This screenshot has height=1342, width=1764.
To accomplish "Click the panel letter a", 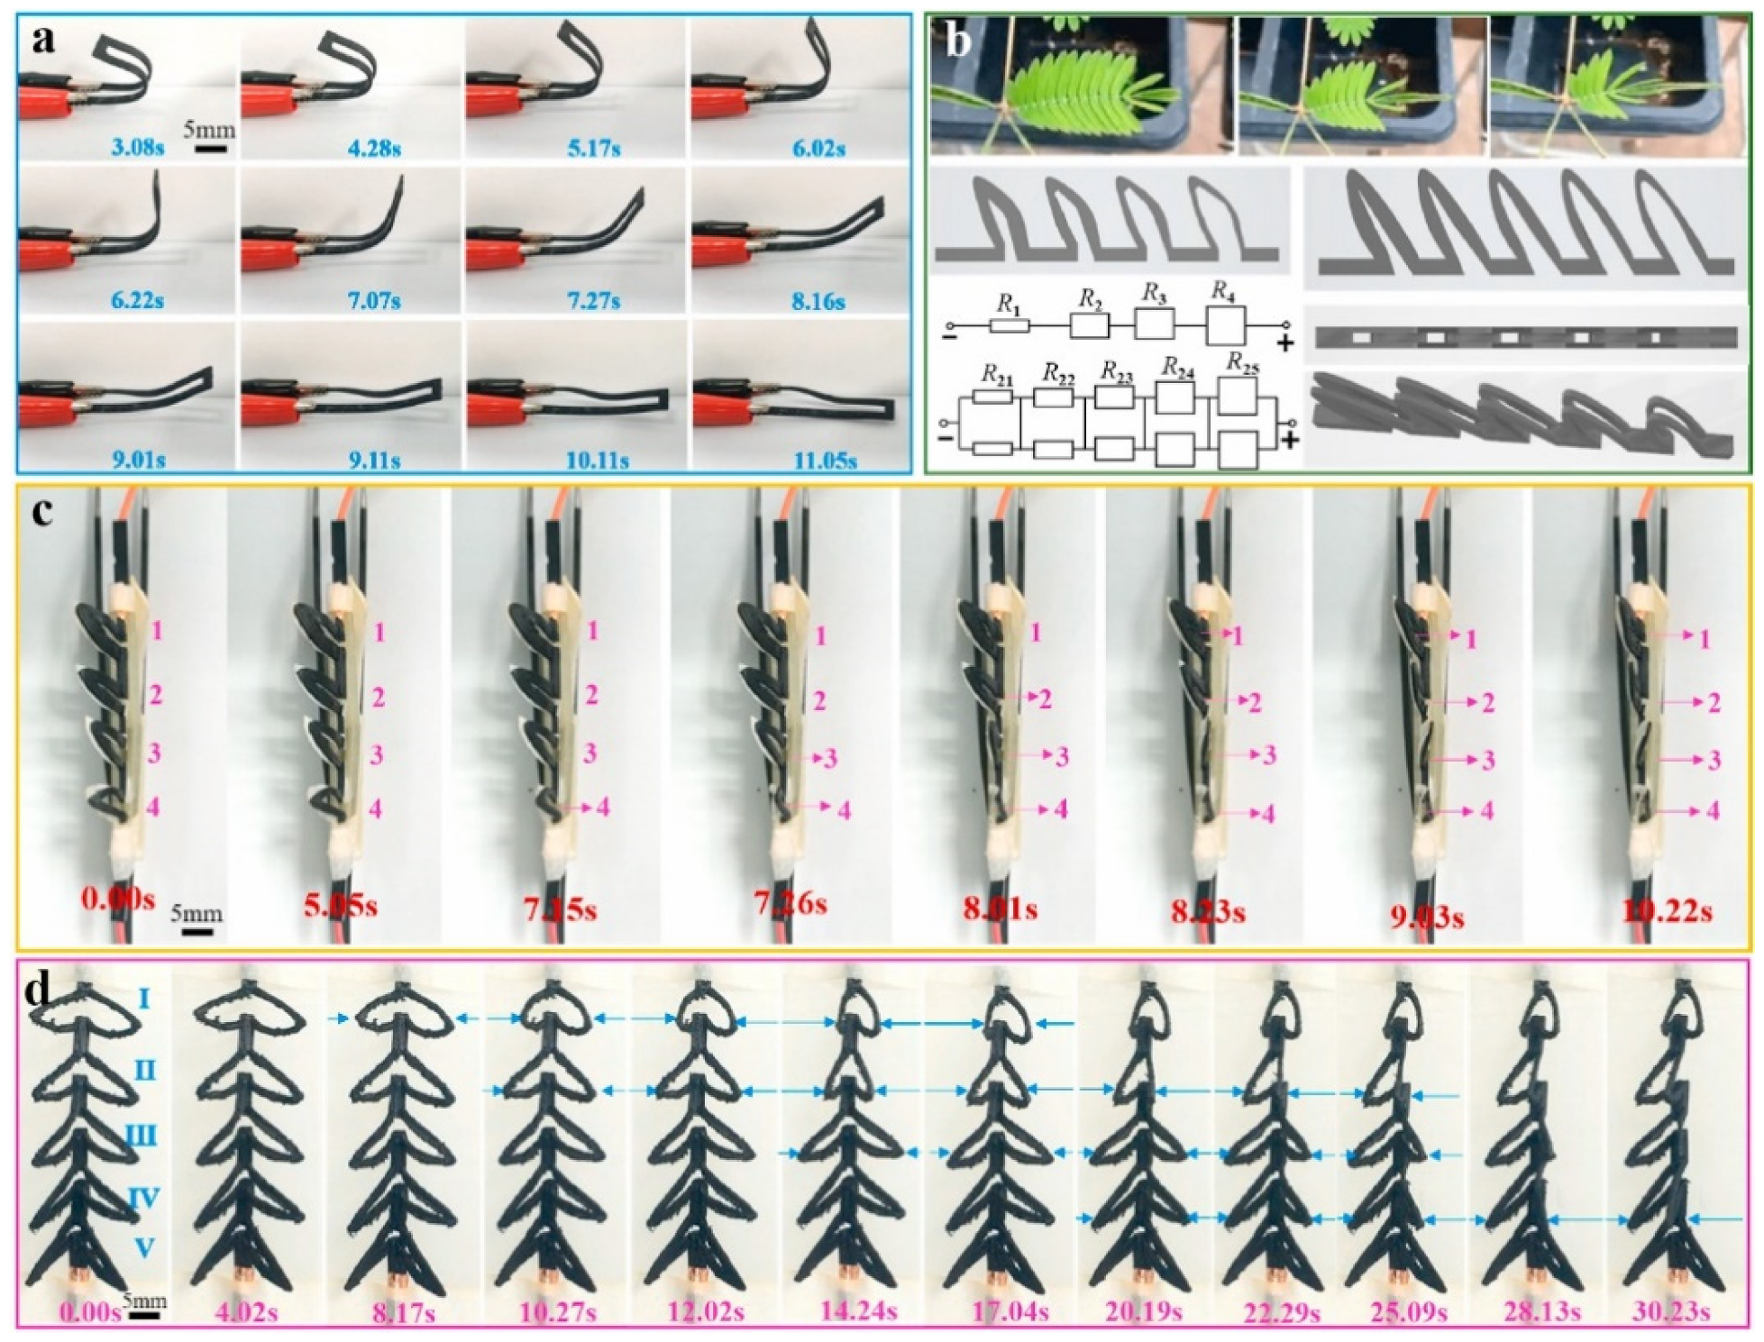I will click(x=43, y=41).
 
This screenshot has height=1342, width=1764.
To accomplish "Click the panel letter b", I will click(x=958, y=41).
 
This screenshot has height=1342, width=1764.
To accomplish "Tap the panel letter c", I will click(x=43, y=512).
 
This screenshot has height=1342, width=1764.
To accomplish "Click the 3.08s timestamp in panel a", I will click(x=137, y=147).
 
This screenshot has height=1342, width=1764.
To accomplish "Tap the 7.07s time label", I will click(x=375, y=300).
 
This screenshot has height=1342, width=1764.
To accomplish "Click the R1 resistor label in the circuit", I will click(x=1008, y=303).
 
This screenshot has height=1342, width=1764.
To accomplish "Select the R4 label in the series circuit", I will click(x=1222, y=291).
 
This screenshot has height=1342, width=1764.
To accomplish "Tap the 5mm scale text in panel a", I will click(x=209, y=129).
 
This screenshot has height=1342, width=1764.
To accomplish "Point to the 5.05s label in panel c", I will click(x=341, y=905).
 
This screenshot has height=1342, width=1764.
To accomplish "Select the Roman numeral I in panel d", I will click(x=144, y=999).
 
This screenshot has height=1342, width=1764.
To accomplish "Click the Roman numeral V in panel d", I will click(x=144, y=1248).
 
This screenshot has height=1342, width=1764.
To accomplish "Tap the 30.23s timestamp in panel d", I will click(x=1671, y=1312).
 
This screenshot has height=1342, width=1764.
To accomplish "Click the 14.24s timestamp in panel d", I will click(x=858, y=1312).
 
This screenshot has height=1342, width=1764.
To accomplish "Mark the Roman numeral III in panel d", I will click(x=141, y=1135).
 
